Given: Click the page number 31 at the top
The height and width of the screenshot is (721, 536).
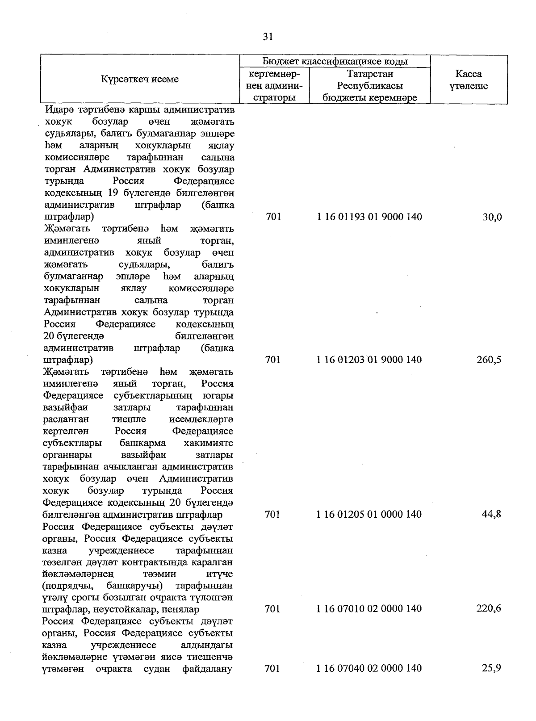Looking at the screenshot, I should pyautogui.click(x=268, y=37).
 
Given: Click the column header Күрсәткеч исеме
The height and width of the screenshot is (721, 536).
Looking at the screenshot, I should pyautogui.click(x=139, y=80).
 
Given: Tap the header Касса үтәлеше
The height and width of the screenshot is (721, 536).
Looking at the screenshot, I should pyautogui.click(x=469, y=80).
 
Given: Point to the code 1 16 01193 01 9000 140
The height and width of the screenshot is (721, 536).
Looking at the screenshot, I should pyautogui.click(x=369, y=217).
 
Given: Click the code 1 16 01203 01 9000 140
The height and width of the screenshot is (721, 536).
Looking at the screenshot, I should pyautogui.click(x=369, y=360).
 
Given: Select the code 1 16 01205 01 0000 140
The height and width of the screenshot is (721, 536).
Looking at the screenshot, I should pyautogui.click(x=369, y=514).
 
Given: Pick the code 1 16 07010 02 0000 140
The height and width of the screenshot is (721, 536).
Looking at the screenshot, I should pyautogui.click(x=369, y=609).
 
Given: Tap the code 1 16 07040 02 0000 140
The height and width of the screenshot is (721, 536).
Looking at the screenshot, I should pyautogui.click(x=369, y=668).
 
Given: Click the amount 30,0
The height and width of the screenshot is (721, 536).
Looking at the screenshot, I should pyautogui.click(x=492, y=217).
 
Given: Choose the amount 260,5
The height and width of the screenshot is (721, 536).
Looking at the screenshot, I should pyautogui.click(x=489, y=360).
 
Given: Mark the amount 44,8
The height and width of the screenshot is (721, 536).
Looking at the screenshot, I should pyautogui.click(x=491, y=514).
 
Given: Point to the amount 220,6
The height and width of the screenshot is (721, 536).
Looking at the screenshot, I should pyautogui.click(x=489, y=609).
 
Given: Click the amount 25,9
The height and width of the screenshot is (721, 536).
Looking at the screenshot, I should pyautogui.click(x=492, y=668).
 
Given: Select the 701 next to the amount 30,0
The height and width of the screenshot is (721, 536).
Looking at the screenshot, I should pyautogui.click(x=273, y=217).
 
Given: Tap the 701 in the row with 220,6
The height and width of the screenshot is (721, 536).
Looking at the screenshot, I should pyautogui.click(x=272, y=609).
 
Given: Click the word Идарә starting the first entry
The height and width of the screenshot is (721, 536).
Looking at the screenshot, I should pyautogui.click(x=59, y=110).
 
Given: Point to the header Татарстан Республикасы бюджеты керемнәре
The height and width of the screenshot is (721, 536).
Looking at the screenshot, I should pyautogui.click(x=369, y=86).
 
